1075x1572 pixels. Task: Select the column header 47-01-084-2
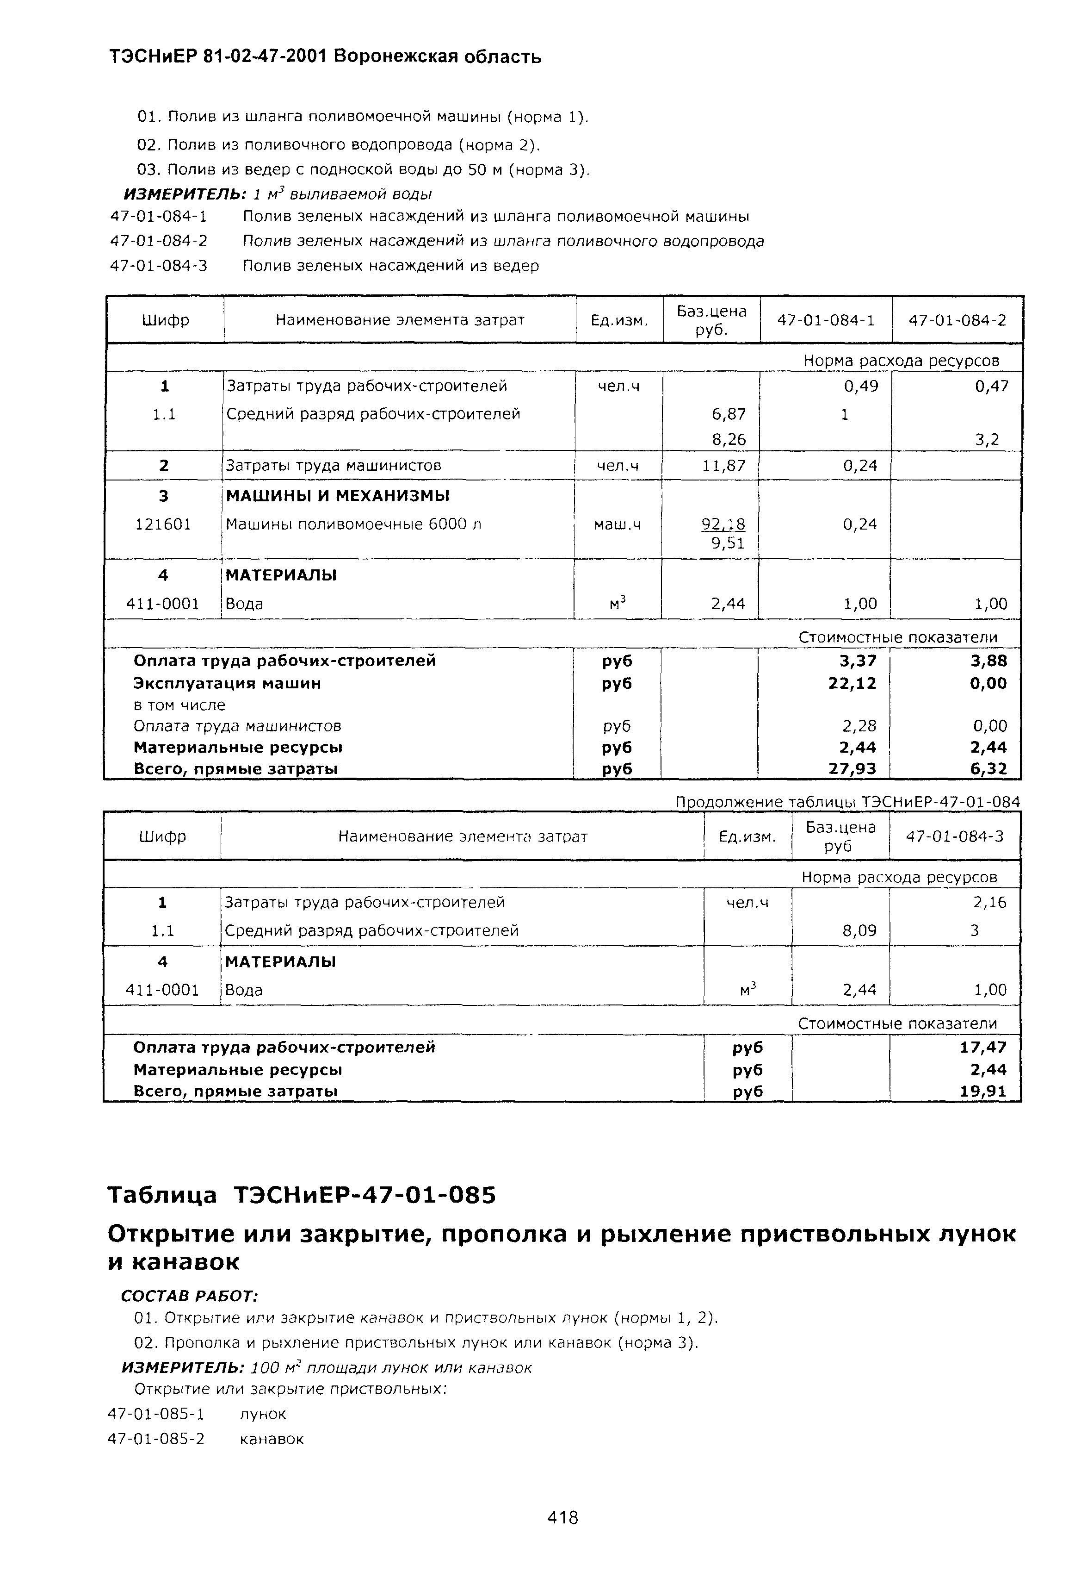pyautogui.click(x=957, y=320)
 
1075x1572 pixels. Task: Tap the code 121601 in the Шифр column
pyautogui.click(x=163, y=524)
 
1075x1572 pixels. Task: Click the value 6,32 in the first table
pyautogui.click(x=989, y=768)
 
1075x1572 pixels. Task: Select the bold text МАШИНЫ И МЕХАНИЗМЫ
pyautogui.click(x=337, y=496)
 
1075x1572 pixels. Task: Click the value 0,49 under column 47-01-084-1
pyautogui.click(x=861, y=386)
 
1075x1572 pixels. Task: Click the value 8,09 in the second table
pyautogui.click(x=859, y=931)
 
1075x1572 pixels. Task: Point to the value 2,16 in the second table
pyautogui.click(x=989, y=902)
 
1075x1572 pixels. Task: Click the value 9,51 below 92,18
pyautogui.click(x=728, y=543)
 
